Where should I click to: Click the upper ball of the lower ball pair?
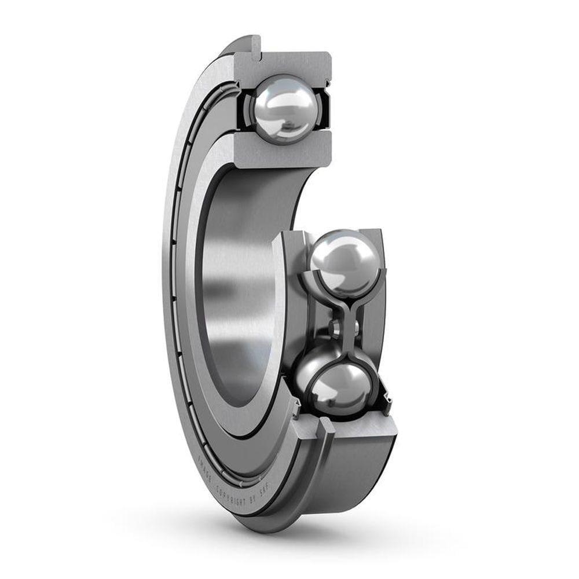pos(343,260)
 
